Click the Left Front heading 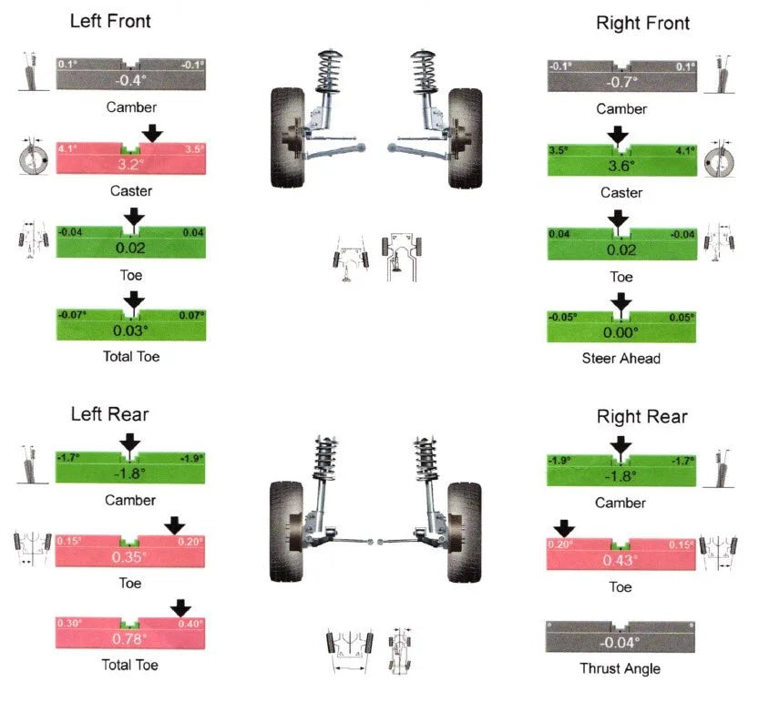[x=110, y=21]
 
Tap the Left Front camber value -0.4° [x=130, y=81]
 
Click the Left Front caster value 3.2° [x=130, y=165]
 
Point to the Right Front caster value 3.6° [x=621, y=166]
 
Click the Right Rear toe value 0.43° [x=621, y=560]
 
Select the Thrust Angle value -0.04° [x=621, y=643]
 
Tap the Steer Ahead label [x=621, y=358]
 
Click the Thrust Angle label [x=620, y=668]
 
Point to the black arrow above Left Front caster [x=152, y=134]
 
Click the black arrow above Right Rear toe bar [x=565, y=528]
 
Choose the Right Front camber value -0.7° [x=621, y=82]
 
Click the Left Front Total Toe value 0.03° [x=130, y=330]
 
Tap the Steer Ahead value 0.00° [x=621, y=332]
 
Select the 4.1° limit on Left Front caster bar [x=68, y=147]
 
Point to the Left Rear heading [x=110, y=415]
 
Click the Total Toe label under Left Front [x=130, y=356]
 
